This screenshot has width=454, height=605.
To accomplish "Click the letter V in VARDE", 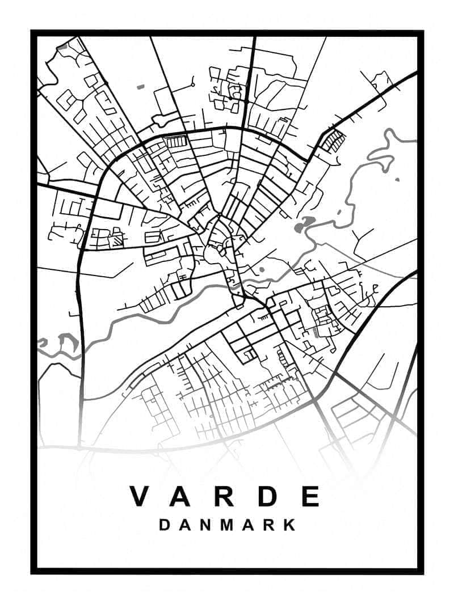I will tap(141, 496).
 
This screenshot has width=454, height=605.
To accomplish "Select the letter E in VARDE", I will tap(311, 496).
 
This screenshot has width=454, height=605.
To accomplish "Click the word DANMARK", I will tap(227, 525).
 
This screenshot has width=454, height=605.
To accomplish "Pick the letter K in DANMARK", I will tap(290, 525).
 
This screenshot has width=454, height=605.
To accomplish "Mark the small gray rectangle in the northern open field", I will tap(141, 87).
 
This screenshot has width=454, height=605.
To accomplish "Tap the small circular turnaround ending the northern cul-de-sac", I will tap(193, 84).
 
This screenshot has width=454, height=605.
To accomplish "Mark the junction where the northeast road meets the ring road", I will tap(310, 159).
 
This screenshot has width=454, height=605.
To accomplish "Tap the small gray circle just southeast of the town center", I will tap(262, 270).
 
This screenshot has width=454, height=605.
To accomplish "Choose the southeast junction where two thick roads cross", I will tap(335, 374).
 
